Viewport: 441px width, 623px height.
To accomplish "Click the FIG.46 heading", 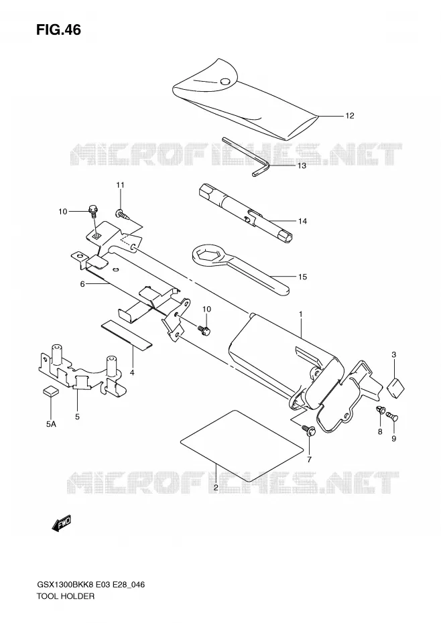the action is [58, 29].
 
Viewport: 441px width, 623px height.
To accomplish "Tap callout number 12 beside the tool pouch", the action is [350, 116].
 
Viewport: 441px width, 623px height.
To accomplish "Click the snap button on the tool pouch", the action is [225, 82].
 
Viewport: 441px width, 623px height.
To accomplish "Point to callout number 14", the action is [303, 221].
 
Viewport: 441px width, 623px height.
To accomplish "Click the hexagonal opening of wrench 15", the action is [207, 255].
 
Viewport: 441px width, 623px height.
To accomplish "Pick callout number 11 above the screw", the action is [120, 185].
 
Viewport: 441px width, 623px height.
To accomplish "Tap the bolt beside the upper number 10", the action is [92, 210].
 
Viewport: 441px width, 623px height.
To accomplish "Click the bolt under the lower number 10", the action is [204, 330].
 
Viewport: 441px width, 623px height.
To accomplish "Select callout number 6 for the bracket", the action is [82, 284].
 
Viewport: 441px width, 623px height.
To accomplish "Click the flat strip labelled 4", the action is [127, 334].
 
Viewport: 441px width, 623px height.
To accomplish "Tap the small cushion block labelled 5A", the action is [50, 391].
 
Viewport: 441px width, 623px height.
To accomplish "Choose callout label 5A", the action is [50, 424].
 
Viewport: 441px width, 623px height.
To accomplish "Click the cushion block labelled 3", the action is [395, 387].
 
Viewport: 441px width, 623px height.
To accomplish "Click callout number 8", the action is [380, 431].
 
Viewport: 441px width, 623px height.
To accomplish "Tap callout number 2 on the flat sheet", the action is [216, 488].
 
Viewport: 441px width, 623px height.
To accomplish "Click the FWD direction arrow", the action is [61, 523].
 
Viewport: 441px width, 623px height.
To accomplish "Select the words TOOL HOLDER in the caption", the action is [66, 596].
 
